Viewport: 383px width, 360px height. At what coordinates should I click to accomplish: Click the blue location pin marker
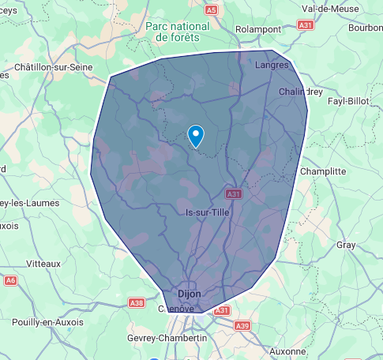tap(196, 136)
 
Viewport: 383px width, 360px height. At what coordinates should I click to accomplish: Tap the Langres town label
tap(272, 66)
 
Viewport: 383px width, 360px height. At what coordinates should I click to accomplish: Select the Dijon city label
tap(190, 294)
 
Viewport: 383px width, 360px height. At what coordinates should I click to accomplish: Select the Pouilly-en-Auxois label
tap(48, 322)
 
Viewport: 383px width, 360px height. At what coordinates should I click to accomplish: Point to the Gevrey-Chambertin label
tap(167, 338)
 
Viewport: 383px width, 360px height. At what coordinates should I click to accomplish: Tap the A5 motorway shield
tap(210, 10)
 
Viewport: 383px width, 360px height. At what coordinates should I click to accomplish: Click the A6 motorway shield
tap(10, 280)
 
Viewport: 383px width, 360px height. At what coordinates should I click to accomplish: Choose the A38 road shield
tap(137, 302)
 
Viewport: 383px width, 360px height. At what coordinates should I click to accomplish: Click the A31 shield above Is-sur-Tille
tap(232, 193)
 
